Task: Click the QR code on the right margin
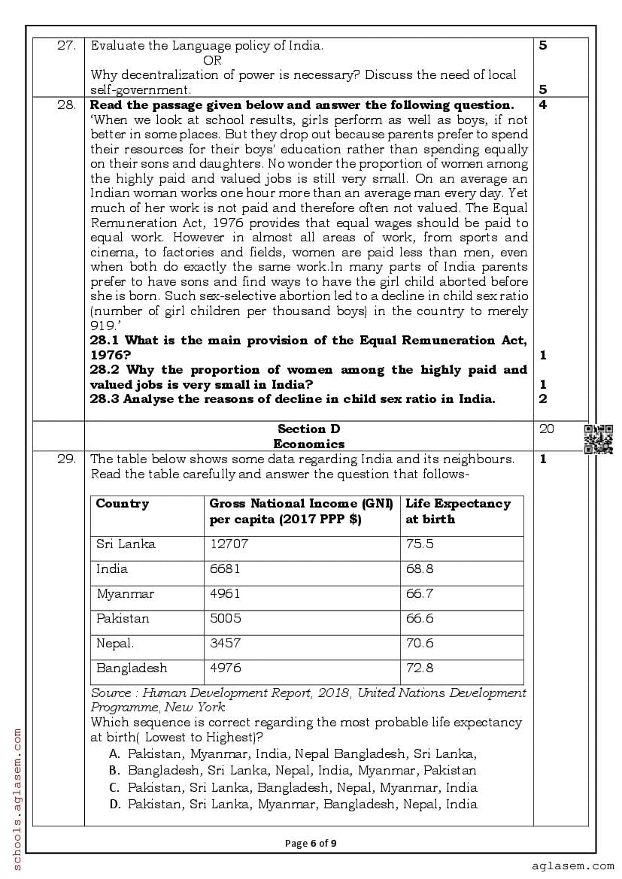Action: [598, 439]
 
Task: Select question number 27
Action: [67, 45]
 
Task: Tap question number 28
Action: [67, 105]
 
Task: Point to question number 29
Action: [67, 459]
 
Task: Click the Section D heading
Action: [308, 429]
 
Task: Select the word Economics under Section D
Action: [308, 444]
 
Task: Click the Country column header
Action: [123, 504]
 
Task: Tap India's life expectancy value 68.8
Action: [420, 569]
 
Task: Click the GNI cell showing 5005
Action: [226, 619]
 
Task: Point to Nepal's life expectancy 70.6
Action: [420, 644]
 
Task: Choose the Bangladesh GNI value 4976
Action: [226, 668]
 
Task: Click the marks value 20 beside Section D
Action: [547, 429]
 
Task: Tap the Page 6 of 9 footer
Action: [311, 843]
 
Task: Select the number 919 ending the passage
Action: [101, 326]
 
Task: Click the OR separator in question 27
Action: [212, 60]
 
